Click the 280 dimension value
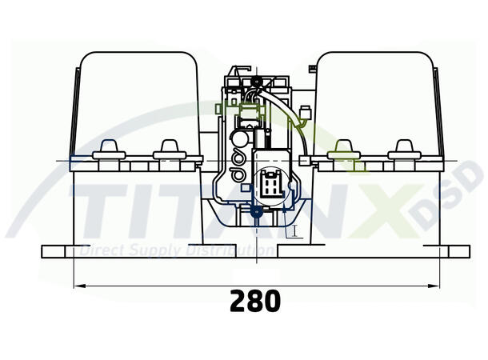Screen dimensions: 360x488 coord(256,301)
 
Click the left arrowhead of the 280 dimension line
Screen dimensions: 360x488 coord(77,285)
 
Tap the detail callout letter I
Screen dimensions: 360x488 coord(294,231)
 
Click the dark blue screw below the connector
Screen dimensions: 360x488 coord(257,212)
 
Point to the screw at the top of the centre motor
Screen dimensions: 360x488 coord(255,82)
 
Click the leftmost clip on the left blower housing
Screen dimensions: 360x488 coord(106,150)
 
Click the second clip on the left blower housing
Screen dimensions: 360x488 coord(167,149)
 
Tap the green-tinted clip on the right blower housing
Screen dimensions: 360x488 coord(344,149)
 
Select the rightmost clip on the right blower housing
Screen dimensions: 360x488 coord(402,150)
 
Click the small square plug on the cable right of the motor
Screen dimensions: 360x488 coord(303,161)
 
